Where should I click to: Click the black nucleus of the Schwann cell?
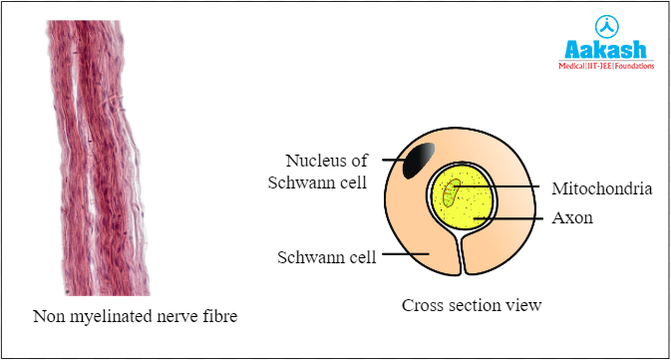click(x=419, y=160)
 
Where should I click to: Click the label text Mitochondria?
click(x=601, y=187)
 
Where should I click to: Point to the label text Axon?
click(x=572, y=216)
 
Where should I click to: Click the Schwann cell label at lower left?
click(x=326, y=257)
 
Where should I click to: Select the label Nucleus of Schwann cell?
click(x=326, y=171)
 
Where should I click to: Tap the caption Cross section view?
click(x=471, y=305)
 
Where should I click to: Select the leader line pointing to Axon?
click(x=513, y=216)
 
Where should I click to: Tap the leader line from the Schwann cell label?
click(x=404, y=256)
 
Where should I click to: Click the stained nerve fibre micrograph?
click(x=100, y=150)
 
